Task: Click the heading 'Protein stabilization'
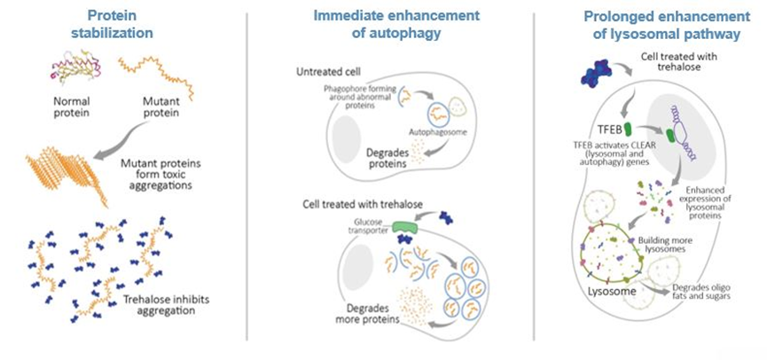point(113,25)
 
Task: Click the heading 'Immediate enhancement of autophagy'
point(396,25)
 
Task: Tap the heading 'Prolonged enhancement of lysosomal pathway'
point(666,26)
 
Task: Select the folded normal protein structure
point(78,68)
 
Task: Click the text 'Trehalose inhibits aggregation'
point(167,304)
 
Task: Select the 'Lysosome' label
point(612,292)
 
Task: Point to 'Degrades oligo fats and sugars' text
point(702,292)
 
